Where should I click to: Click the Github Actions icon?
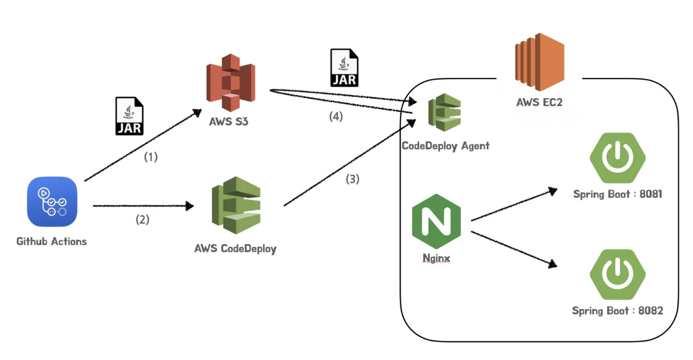[52, 202]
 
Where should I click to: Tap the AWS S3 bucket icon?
[230, 83]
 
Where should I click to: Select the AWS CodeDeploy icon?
[236, 205]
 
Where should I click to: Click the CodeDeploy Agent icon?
[444, 113]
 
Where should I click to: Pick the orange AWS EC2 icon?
[540, 62]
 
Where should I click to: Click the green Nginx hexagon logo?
[436, 221]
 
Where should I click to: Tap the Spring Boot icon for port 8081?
[617, 158]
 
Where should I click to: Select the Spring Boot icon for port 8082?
[617, 274]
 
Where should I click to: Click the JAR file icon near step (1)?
[129, 116]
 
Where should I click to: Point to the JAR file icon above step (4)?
[344, 68]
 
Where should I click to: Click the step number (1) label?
[151, 157]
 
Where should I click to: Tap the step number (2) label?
[142, 219]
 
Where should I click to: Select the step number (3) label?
[352, 179]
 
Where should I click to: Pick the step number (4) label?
[336, 116]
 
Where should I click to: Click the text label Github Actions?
[52, 242]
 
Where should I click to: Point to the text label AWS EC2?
[539, 102]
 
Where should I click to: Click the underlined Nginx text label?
[436, 258]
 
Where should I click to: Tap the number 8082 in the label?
[651, 311]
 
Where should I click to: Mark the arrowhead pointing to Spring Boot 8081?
[553, 191]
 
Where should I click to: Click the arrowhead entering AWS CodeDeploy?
[190, 206]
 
